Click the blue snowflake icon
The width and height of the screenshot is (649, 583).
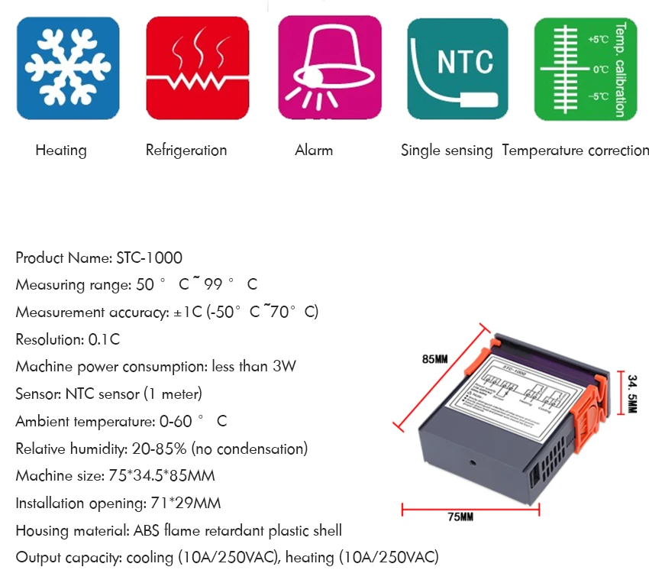coord(68,68)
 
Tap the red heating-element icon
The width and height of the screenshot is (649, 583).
coord(198,68)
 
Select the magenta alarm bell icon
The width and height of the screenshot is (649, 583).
coord(328,68)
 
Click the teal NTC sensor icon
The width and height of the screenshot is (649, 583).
coord(458,68)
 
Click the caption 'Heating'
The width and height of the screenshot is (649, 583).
coord(61,151)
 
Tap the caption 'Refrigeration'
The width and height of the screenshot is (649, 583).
coord(186,151)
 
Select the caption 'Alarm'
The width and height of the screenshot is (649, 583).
coord(314,151)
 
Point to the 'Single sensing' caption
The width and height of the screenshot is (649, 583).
coord(447,151)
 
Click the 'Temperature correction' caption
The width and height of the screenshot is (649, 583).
coord(576,151)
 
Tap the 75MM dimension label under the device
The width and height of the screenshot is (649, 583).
coord(460,518)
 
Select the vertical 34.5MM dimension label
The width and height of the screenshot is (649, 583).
coord(632,393)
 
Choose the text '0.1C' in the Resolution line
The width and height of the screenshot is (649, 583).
coord(104,340)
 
